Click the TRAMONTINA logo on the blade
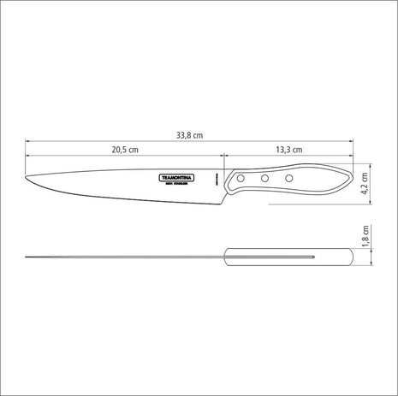point(178,177)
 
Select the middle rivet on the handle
point(265,178)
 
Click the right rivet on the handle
point(288,178)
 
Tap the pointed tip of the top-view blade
point(28,256)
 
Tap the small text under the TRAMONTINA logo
point(178,184)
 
